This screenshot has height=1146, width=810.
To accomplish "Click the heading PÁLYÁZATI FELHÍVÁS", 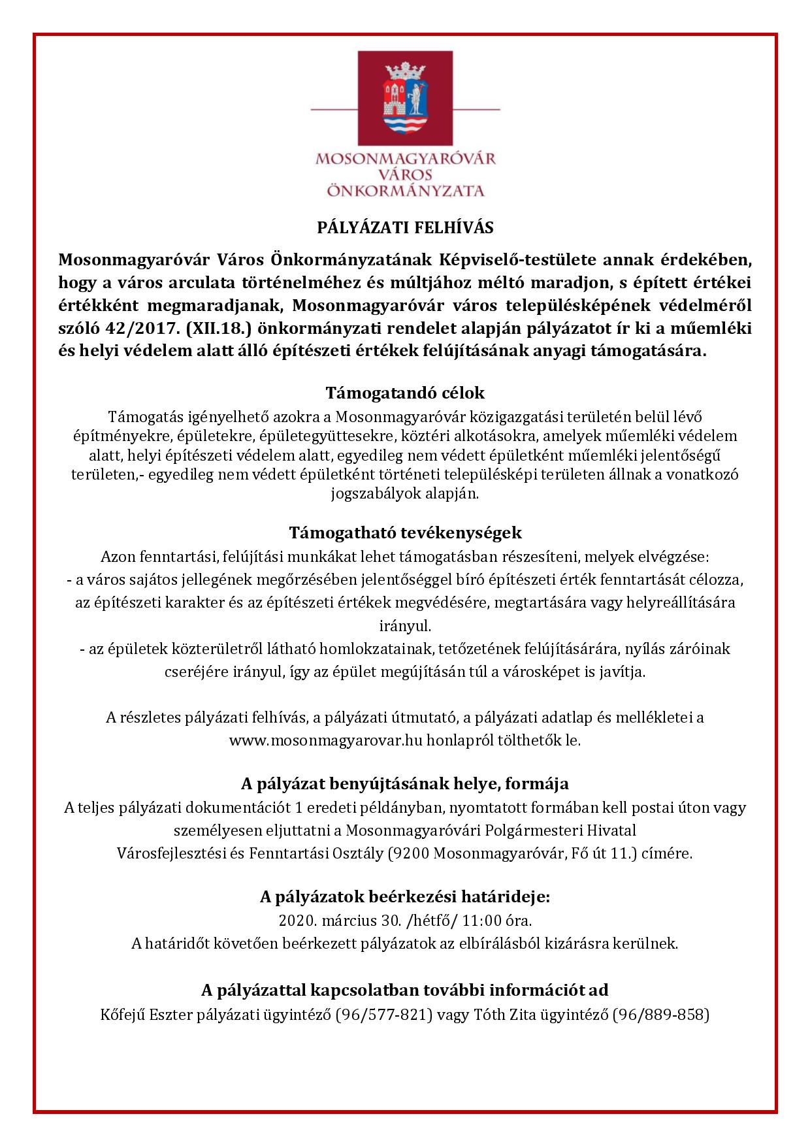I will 405,228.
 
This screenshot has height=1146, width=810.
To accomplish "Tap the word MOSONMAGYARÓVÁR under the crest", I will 405,159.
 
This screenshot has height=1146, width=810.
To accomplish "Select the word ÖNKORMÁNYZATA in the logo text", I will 405,191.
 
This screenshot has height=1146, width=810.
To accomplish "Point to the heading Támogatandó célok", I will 405,393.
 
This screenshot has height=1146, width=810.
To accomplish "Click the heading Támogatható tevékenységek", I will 405,532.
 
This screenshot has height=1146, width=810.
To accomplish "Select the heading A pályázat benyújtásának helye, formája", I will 405,783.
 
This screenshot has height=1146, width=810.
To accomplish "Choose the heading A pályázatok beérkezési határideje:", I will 405,897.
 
